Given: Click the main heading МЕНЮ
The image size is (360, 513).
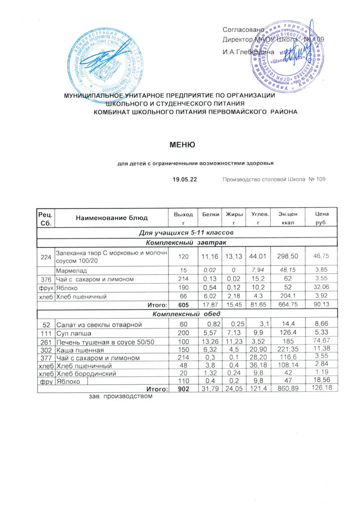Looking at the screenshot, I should (182, 145).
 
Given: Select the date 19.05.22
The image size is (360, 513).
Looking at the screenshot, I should (184, 179).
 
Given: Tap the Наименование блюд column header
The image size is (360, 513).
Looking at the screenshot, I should (112, 218).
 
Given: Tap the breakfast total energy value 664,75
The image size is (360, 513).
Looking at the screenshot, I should (281, 305).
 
